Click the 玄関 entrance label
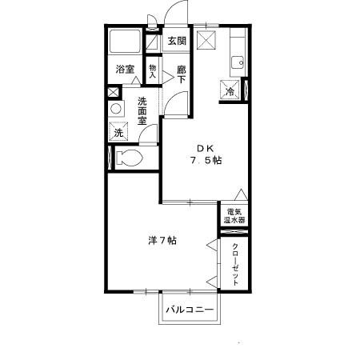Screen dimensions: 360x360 (x=176, y=41)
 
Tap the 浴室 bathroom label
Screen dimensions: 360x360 (x=125, y=70)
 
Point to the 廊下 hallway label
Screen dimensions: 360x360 (x=182, y=74)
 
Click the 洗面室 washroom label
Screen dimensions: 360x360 (x=142, y=111)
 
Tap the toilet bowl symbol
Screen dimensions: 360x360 (x=128, y=158)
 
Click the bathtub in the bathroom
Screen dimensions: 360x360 (x=126, y=43)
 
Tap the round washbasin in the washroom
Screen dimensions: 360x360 (x=118, y=108)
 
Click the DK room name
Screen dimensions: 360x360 (x=205, y=147)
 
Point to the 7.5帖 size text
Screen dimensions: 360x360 (x=206, y=160)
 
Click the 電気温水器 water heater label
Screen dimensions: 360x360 (x=234, y=215)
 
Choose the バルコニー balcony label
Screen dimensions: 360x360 (x=190, y=309)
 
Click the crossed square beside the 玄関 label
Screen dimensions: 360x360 (x=206, y=42)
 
